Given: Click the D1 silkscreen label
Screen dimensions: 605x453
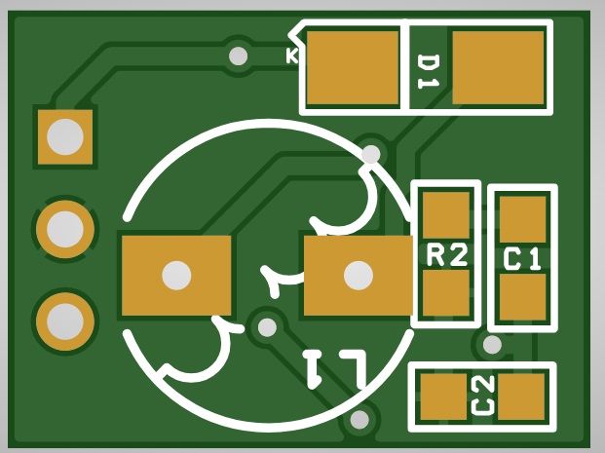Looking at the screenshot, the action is click(429, 72).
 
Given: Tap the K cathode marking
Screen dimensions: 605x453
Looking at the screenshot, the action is click(292, 56).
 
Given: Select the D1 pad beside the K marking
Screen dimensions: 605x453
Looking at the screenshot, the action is click(353, 67).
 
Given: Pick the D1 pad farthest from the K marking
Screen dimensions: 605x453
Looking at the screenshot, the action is click(498, 67).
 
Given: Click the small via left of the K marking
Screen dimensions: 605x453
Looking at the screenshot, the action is click(238, 56).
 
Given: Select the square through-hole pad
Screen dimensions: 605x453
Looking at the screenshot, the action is click(65, 137).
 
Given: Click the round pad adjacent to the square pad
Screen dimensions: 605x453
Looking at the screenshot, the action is click(65, 229).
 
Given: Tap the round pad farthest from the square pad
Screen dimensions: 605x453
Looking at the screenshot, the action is click(65, 321).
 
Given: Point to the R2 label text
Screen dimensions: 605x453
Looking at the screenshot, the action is click(447, 254).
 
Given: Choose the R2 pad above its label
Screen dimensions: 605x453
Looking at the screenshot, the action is click(446, 215).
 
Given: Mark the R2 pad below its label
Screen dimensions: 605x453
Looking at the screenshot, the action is click(446, 293).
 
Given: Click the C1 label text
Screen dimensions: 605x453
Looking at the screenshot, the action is click(522, 259).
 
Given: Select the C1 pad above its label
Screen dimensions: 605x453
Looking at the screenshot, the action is click(523, 219).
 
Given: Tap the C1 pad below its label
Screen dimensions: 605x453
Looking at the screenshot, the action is click(523, 297).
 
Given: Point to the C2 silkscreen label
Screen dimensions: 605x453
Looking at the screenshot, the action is click(482, 396).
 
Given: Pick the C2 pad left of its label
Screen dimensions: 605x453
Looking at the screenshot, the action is click(443, 396).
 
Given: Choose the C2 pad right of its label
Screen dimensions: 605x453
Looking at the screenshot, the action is click(521, 396).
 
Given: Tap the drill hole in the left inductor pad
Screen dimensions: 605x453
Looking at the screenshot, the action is click(176, 276).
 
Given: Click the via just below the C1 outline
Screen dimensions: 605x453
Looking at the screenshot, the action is click(492, 345).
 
